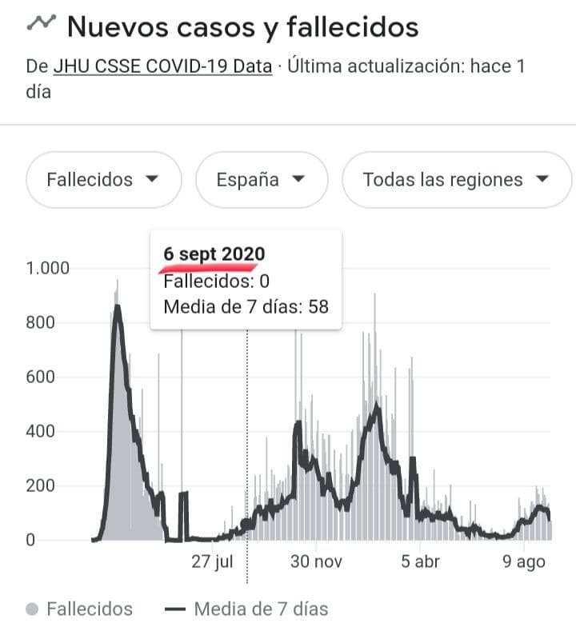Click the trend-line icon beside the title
42,22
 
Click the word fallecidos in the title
353,27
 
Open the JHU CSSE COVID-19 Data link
163,66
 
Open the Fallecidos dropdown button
103,179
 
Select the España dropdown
262,179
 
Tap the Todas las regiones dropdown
457,179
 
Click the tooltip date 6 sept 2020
214,254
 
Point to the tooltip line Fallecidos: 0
216,281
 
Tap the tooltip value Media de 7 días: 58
246,306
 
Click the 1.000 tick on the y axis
47,268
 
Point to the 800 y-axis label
40,323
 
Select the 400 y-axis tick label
40,431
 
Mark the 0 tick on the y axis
30,540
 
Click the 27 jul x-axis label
212,561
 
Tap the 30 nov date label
316,561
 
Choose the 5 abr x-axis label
421,561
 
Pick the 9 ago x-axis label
524,562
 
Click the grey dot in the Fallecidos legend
32,609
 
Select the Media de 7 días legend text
262,609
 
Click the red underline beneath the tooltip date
207,268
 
